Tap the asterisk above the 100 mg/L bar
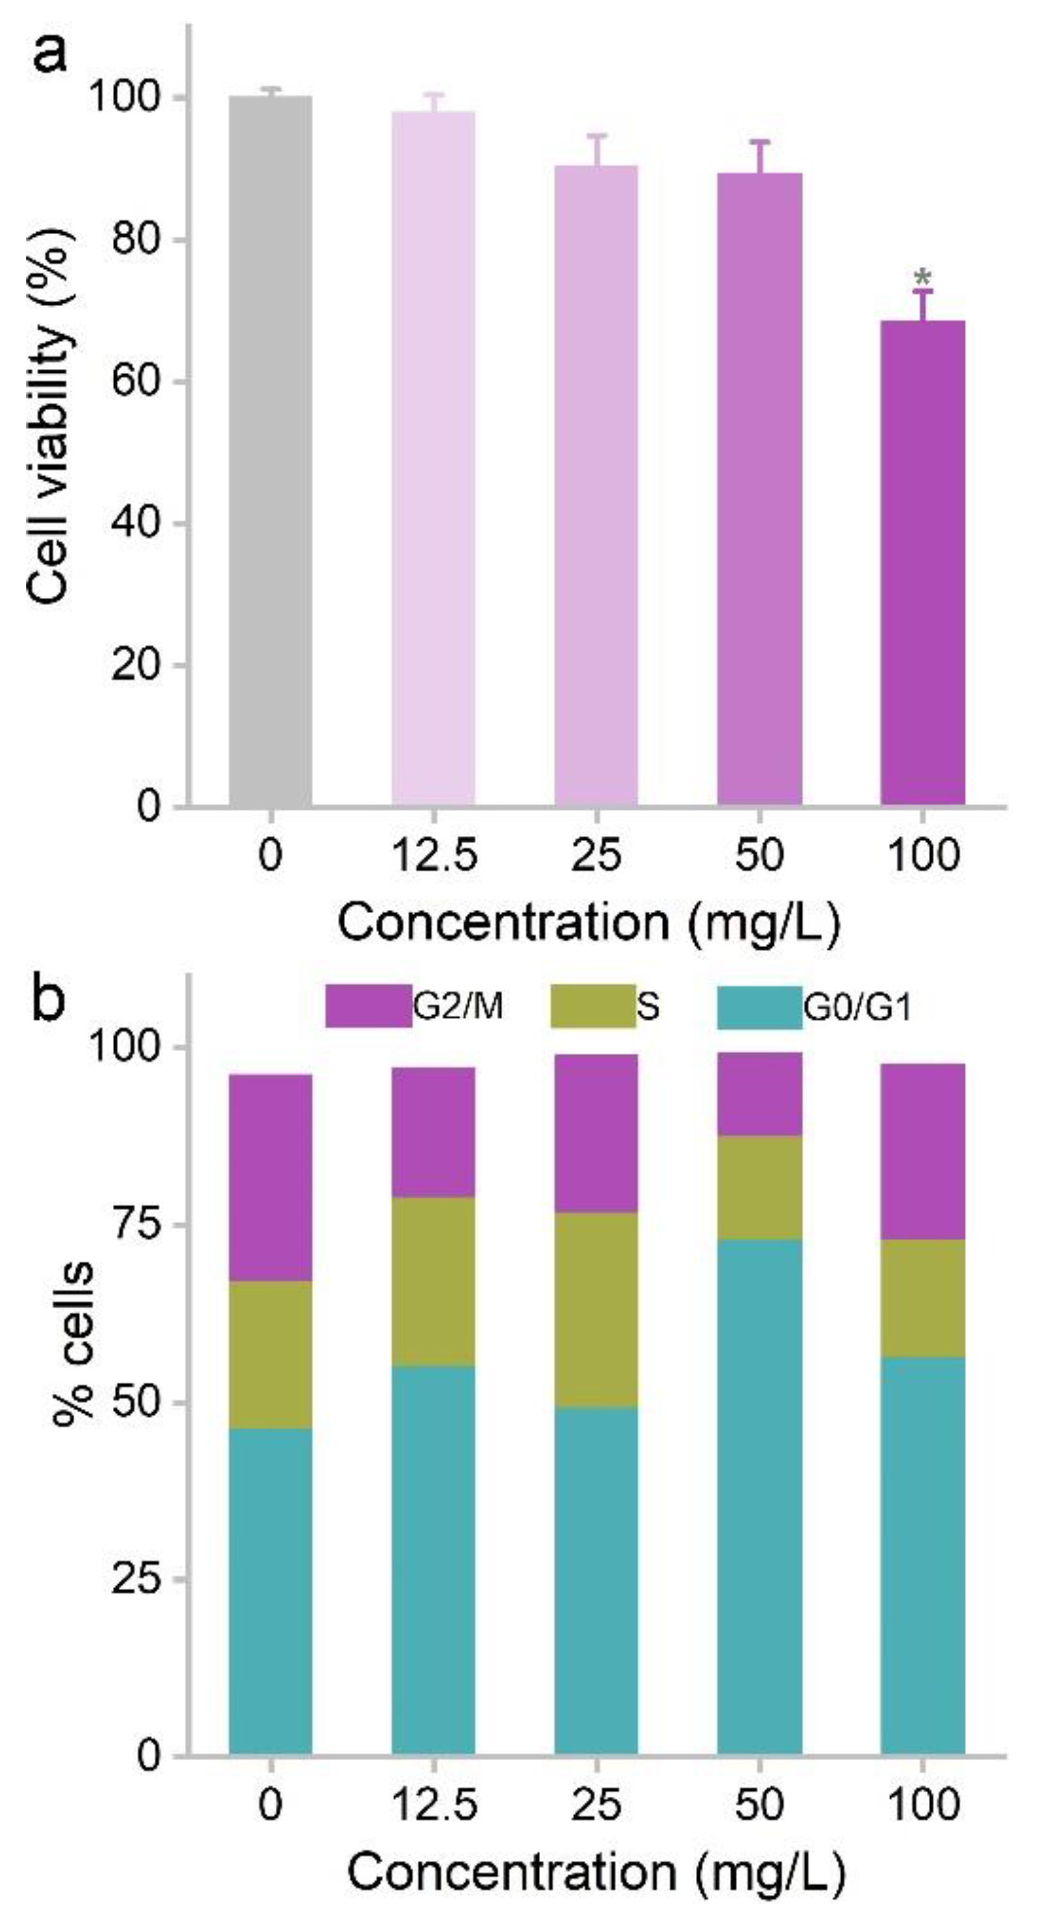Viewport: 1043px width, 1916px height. tap(922, 277)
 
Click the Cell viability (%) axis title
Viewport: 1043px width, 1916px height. tap(52, 416)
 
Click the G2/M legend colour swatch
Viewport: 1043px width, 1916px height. tap(368, 1006)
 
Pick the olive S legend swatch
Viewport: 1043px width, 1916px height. tap(593, 1006)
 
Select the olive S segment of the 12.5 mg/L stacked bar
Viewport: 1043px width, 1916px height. tap(433, 1281)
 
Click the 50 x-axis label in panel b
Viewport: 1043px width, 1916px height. tap(759, 1804)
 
